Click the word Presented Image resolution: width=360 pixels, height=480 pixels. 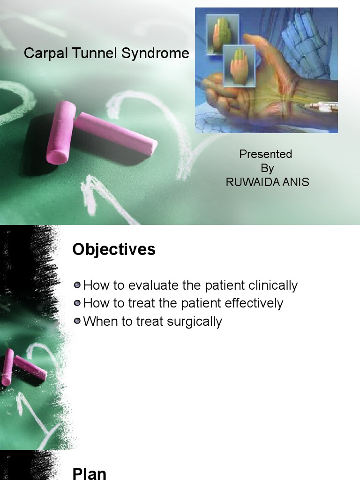[265, 154]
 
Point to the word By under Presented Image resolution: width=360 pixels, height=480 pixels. [267, 168]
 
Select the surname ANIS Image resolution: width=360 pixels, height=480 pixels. [295, 182]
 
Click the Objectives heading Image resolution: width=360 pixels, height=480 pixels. [114, 249]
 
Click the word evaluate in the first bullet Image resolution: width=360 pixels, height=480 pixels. [150, 285]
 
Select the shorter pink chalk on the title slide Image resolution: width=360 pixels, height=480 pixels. [61, 133]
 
